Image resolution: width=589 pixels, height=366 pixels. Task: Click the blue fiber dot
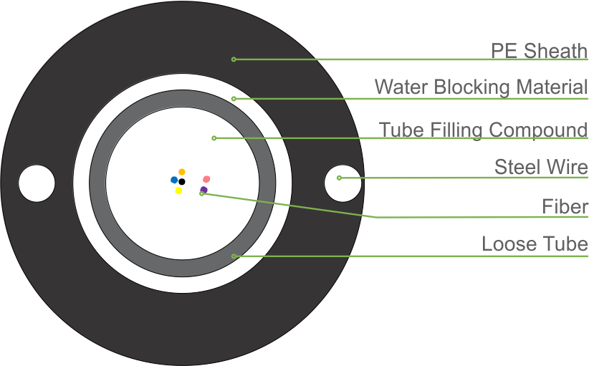(x=174, y=180)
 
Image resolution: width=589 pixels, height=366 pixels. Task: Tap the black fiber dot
(x=182, y=182)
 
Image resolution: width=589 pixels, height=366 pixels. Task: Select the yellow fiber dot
(x=178, y=191)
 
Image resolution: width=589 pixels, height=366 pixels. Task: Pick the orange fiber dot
(x=182, y=172)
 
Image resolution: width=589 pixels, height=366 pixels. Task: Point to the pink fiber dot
(x=206, y=178)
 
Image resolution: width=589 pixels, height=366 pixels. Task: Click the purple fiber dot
(x=204, y=190)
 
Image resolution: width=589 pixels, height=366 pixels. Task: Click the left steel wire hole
(x=37, y=183)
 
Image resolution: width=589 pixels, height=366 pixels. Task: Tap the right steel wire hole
(x=343, y=183)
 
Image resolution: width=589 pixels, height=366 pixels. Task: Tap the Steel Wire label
(x=541, y=168)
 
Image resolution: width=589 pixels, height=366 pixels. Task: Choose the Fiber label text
(x=565, y=207)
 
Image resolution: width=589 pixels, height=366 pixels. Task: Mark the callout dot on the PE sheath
(x=234, y=59)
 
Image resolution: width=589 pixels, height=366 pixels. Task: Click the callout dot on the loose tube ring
(x=234, y=256)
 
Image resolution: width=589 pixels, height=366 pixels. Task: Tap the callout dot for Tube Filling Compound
(x=214, y=138)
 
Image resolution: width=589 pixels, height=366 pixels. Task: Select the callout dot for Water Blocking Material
(x=234, y=98)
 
